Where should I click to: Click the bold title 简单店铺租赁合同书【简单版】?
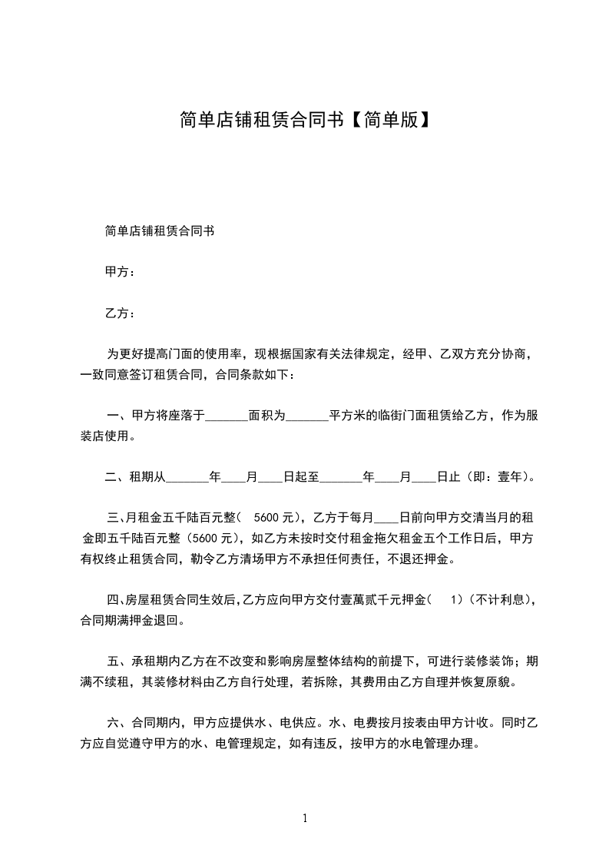(304, 119)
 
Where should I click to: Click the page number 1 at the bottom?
(305, 817)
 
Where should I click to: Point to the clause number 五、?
(117, 660)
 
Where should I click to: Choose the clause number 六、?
(117, 722)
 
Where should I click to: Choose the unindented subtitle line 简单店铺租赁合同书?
(159, 230)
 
